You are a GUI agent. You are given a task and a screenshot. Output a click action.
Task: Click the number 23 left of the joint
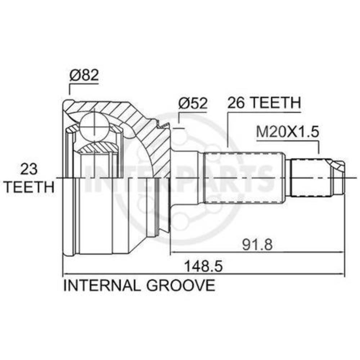pos(29,169)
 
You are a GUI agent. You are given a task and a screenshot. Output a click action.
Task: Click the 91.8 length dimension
pos(257,244)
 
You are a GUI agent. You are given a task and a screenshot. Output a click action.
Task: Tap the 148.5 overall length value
pos(204,266)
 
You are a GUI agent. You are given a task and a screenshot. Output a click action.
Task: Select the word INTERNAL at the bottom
pos(102,285)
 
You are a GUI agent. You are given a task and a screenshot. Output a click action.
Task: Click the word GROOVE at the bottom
pos(181,285)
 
